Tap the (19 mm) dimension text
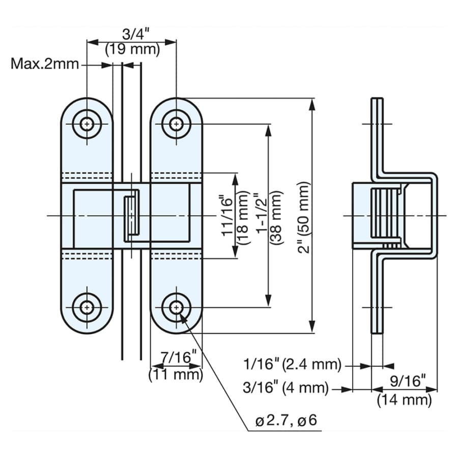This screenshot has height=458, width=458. pos(133,49)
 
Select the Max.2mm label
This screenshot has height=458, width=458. pos(45,64)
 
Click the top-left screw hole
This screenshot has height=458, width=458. pos(87,124)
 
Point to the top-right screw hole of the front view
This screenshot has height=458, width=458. pos(176,124)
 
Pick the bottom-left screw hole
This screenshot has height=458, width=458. pos(87,307)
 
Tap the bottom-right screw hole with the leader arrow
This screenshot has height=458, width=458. pos(176,307)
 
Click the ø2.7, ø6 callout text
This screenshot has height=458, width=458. pos(286,421)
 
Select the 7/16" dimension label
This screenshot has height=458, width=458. pos(179,357)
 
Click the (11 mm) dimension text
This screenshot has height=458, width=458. pos(176,375)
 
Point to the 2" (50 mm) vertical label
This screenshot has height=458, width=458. pos(303,217)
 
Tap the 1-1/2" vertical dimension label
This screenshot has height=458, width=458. pos(261,212)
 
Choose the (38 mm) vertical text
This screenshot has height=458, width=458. pos(276,217)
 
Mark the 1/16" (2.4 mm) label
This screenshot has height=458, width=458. pos(293,365)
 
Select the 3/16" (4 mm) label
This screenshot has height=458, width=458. pos(285,388)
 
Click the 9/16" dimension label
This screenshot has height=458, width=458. pos(408,381)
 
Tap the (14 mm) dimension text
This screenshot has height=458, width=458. pos(404,400)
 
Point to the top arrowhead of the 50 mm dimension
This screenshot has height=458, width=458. pos(312,104)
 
